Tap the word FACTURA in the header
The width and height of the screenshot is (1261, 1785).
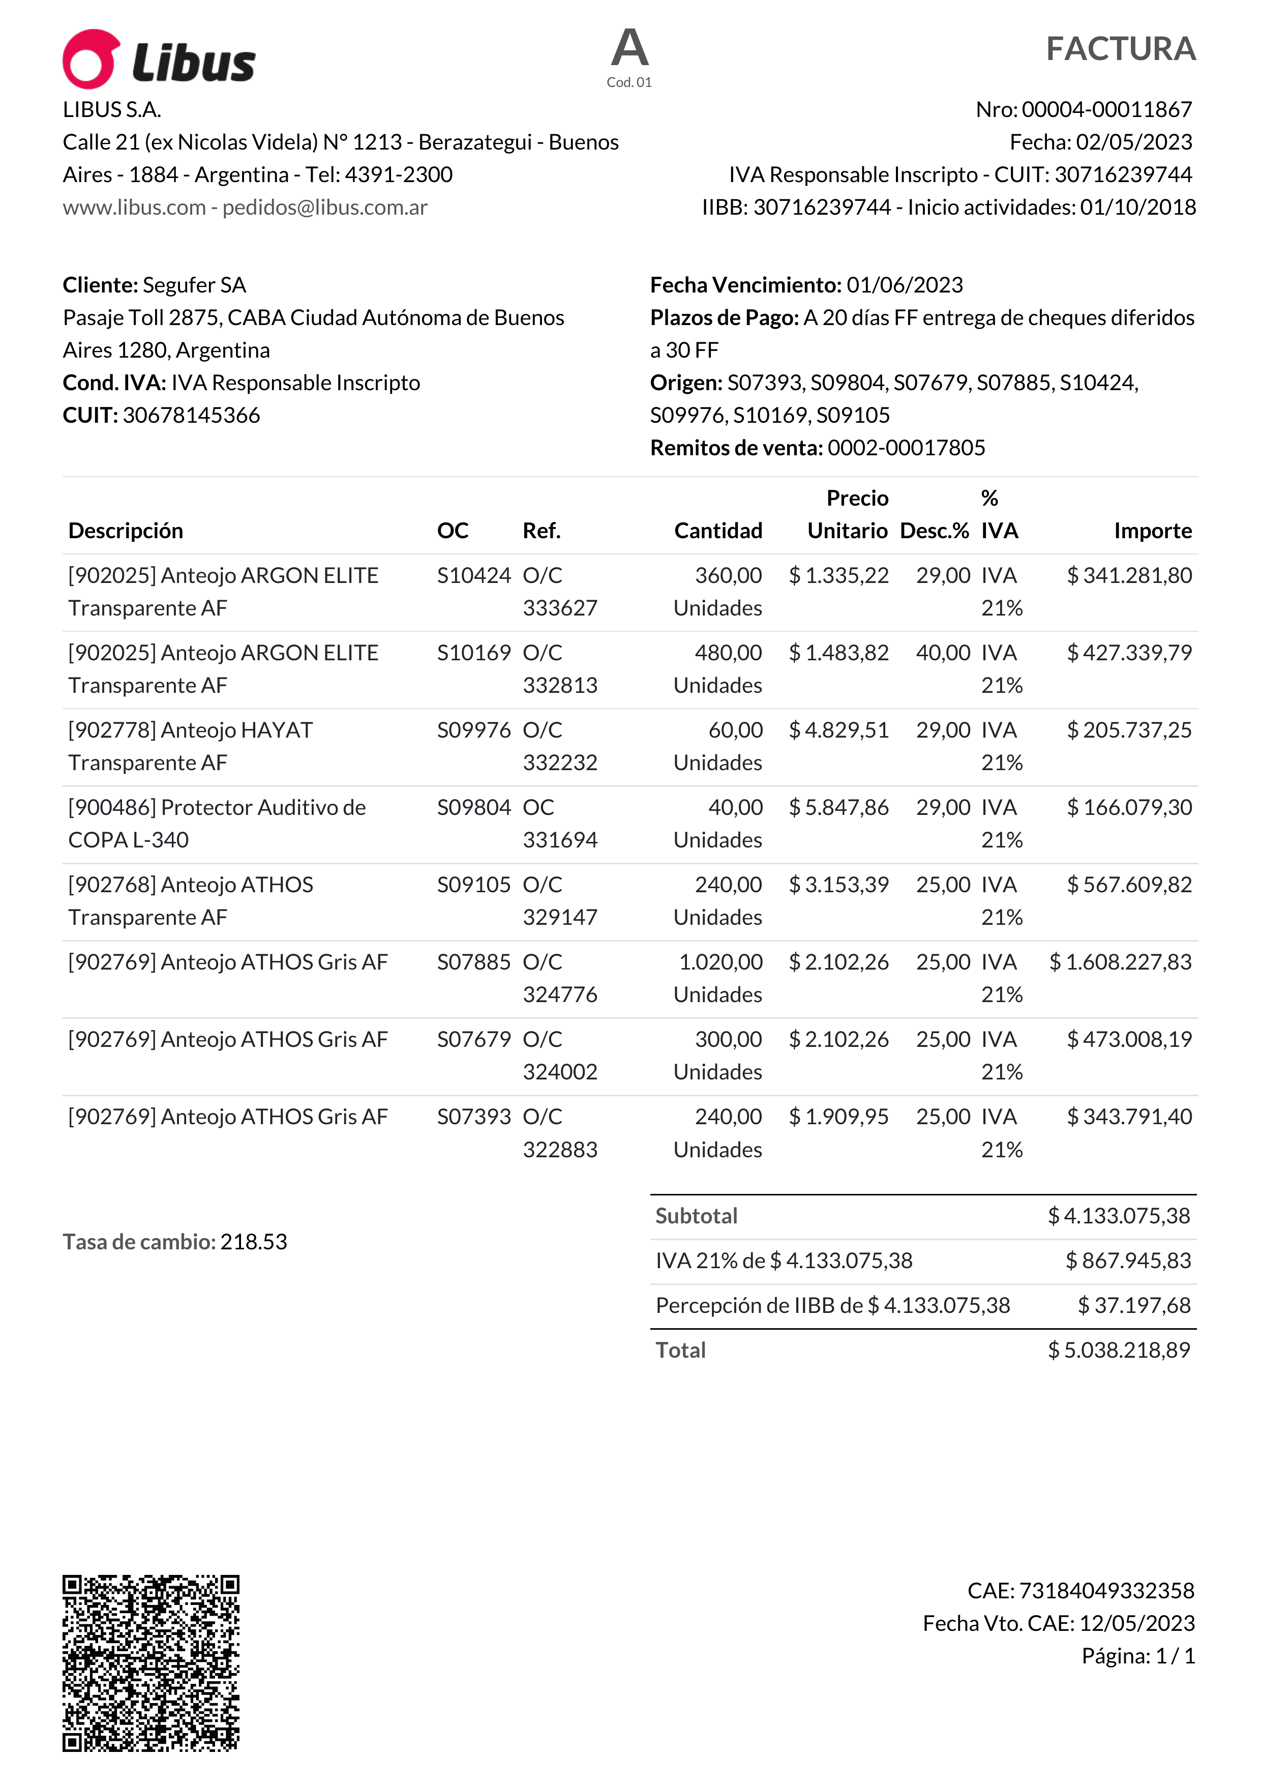(x=1120, y=49)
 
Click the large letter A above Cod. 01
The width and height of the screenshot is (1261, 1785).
(x=629, y=48)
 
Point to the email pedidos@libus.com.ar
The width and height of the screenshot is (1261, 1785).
(x=325, y=208)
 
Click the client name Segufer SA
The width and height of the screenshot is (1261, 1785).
(x=194, y=285)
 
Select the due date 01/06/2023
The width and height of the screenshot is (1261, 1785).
(x=905, y=285)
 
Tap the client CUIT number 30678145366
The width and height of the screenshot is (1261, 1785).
(x=191, y=415)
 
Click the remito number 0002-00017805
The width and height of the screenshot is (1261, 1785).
(x=906, y=448)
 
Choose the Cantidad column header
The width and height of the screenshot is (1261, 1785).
(x=718, y=531)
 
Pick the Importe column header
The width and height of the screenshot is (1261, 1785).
(x=1152, y=531)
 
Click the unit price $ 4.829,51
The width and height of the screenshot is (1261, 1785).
(x=838, y=731)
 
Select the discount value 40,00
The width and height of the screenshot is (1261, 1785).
(x=943, y=653)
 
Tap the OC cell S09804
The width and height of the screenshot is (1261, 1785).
(x=473, y=808)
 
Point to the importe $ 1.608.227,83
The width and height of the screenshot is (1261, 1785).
(x=1120, y=962)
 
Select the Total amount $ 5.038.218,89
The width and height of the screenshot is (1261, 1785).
(x=1118, y=1351)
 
